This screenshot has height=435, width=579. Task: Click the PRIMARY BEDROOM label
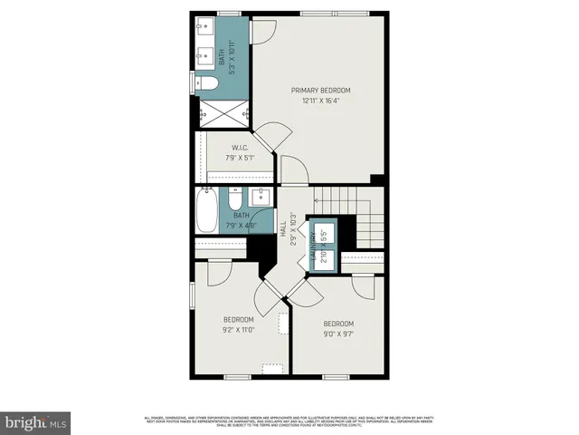point(320,91)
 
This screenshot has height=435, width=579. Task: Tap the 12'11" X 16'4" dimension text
point(320,101)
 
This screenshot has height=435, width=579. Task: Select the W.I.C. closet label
point(240,148)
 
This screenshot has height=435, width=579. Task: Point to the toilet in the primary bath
point(207,84)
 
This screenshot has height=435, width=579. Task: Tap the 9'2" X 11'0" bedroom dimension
point(239,330)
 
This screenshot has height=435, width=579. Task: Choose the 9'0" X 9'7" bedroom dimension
point(338,334)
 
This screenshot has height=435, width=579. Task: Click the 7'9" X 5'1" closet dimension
point(240,158)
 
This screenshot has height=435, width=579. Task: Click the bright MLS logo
point(35,421)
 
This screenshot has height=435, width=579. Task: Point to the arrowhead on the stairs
point(316,199)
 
